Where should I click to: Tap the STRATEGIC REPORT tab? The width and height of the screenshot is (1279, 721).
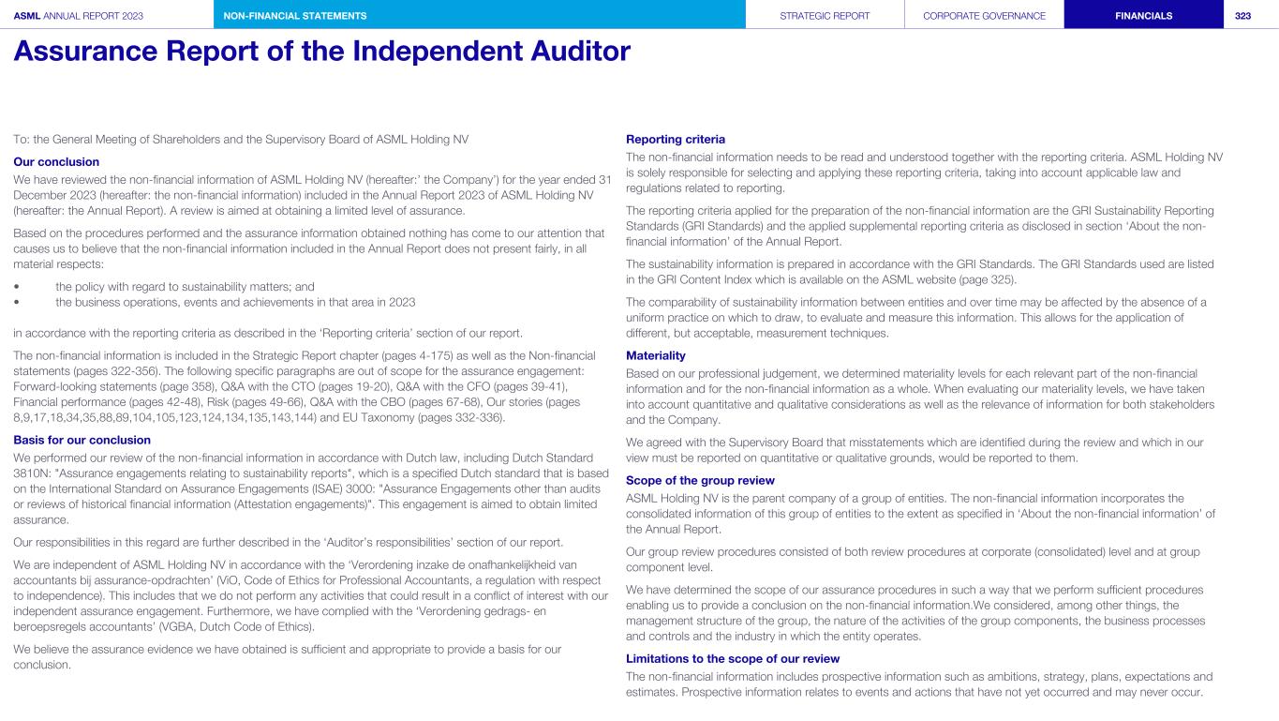coord(825,15)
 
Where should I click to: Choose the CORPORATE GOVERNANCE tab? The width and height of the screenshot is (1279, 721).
coord(984,15)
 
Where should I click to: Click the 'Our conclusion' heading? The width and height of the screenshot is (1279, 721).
coord(56,161)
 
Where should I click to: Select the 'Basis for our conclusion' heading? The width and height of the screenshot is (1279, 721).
coord(82,440)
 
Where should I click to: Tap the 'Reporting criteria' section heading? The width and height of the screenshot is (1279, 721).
coord(675,140)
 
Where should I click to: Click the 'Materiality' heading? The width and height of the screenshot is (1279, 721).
coord(655,355)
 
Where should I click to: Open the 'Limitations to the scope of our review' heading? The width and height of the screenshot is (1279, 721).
coord(733,658)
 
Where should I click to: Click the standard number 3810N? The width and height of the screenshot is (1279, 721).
coord(34,473)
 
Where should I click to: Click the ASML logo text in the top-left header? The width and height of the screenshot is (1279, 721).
coord(26,15)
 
